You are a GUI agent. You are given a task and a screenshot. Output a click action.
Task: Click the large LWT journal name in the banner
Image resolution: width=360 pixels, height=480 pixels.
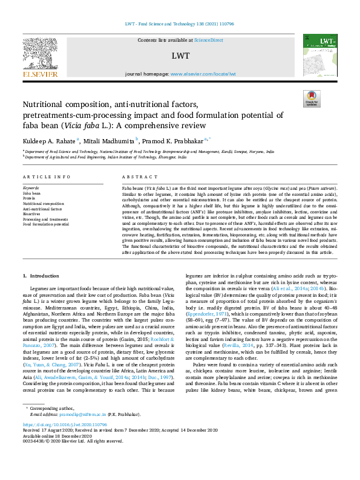point(180,56)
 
